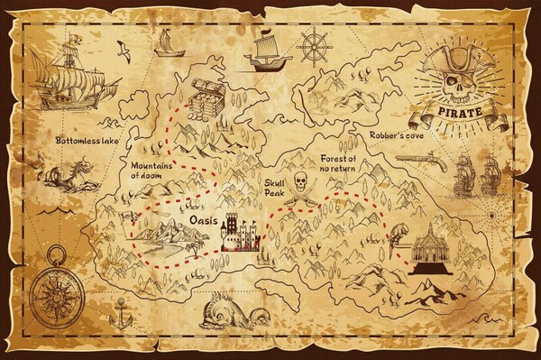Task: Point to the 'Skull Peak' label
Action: [276, 187]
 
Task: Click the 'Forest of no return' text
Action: [340, 162]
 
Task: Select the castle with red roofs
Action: [240, 234]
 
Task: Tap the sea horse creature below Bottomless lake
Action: [62, 173]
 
